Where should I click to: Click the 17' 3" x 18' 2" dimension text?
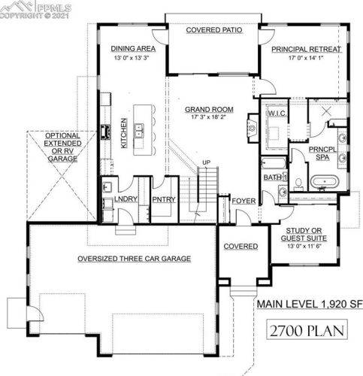(210, 118)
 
